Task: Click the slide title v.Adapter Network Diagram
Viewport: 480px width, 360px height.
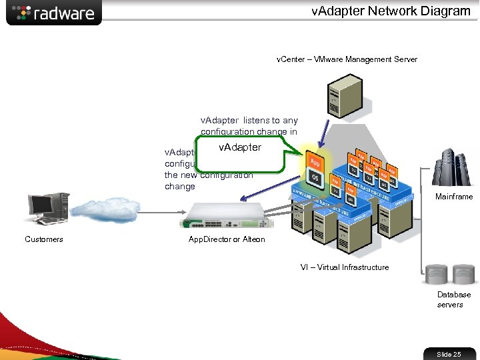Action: coord(391,11)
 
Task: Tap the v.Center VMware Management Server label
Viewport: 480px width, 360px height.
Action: coord(347,59)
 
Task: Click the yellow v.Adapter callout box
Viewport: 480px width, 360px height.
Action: coord(241,153)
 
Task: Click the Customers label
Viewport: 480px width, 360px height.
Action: coord(44,239)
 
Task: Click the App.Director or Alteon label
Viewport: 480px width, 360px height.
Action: coord(227,239)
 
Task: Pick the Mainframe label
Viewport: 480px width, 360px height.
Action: coord(454,197)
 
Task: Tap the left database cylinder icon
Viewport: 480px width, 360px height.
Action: coord(437,274)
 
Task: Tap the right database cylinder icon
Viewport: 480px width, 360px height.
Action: coord(463,274)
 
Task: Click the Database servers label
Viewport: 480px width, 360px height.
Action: coord(453,299)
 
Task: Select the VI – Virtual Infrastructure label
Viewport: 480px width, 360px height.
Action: coord(345,267)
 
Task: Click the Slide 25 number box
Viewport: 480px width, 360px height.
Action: coord(449,354)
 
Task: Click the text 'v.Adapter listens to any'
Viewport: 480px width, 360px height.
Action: coord(249,121)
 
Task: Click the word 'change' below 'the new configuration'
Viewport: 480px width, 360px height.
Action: coord(180,187)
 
